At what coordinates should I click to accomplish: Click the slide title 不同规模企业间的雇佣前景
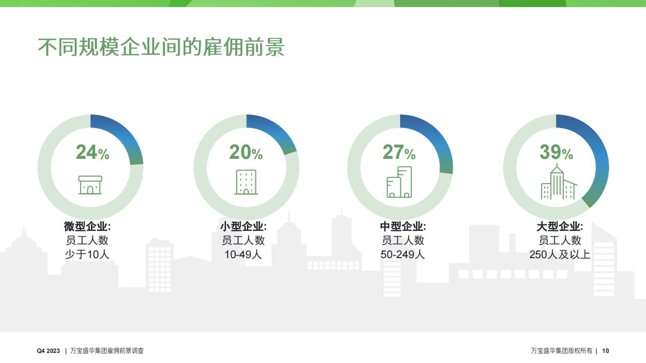[161, 47]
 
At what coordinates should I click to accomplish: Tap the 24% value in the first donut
[92, 152]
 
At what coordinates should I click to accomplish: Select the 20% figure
[246, 152]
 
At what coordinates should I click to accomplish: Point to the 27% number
[399, 152]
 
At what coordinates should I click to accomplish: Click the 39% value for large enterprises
[556, 152]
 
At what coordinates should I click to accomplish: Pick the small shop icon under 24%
[90, 185]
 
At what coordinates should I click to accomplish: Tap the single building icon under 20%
[246, 182]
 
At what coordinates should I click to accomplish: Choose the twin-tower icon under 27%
[399, 182]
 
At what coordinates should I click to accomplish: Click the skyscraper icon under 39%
[559, 182]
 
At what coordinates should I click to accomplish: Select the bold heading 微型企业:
[87, 226]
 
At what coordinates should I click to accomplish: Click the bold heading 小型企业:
[244, 226]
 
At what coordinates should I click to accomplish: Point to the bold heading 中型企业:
[403, 226]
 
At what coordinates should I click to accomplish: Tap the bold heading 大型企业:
[560, 226]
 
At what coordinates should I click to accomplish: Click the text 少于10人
[87, 255]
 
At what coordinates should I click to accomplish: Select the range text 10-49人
[243, 255]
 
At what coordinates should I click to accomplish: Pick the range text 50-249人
[403, 255]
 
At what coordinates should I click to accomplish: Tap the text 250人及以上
[560, 255]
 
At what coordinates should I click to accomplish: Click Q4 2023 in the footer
[48, 351]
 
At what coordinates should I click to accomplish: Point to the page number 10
[606, 351]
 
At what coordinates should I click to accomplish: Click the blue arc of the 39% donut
[600, 156]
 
